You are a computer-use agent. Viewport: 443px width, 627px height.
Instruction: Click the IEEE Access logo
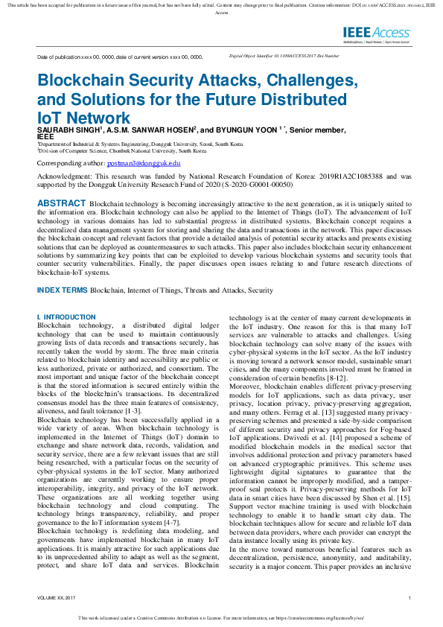(x=377, y=34)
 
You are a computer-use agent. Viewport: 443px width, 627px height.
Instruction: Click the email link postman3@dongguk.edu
(x=144, y=162)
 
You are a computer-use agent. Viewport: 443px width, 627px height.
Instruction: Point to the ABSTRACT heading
(x=61, y=203)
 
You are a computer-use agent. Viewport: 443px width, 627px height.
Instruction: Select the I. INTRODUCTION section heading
(x=66, y=317)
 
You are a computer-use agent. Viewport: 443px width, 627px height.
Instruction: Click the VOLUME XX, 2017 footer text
(x=56, y=599)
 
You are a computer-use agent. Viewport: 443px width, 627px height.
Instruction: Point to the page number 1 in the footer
(x=409, y=599)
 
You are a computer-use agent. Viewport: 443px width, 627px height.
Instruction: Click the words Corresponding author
(x=70, y=162)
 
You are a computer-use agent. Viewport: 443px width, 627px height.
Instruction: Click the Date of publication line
(x=120, y=57)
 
